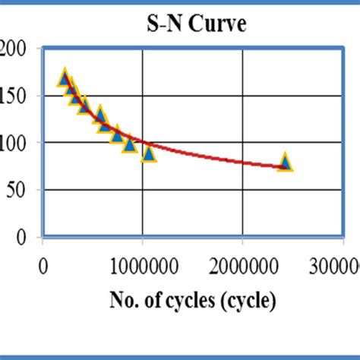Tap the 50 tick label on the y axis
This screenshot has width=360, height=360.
point(23,190)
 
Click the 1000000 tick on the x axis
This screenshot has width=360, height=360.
point(143,267)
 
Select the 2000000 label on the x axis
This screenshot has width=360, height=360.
point(243,267)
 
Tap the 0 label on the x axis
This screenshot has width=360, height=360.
point(43,267)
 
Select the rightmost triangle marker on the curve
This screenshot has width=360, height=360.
point(286,162)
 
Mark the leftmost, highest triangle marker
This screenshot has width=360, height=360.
point(65,78)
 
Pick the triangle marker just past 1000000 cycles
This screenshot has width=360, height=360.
point(149,153)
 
